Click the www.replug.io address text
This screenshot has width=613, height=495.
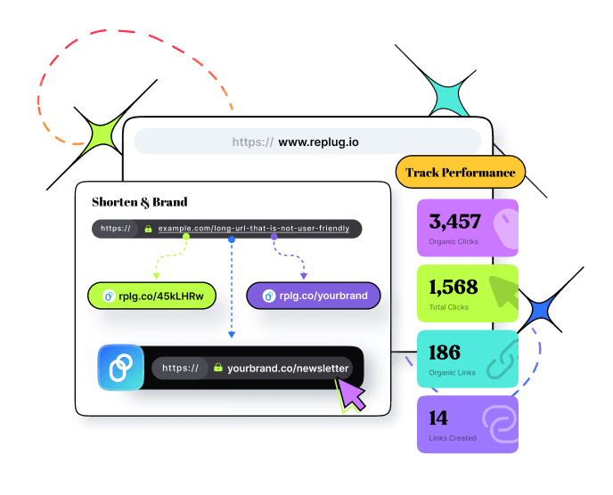point(318,142)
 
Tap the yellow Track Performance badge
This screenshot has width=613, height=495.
point(460,173)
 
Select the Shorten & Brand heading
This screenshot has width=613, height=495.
point(140,202)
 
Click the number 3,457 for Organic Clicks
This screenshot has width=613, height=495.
point(454,222)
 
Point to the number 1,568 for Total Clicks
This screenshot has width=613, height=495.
point(453,287)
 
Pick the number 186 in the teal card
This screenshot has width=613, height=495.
point(444,352)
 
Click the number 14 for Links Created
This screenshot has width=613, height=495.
point(438,418)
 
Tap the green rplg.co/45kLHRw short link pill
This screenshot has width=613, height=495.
point(152,296)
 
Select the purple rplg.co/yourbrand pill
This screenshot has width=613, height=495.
point(313,296)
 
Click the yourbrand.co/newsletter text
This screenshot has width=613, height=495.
point(288,368)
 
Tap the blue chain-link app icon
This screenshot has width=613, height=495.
point(120,368)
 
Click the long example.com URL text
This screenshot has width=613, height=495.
point(254,229)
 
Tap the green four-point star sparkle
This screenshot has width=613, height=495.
point(104,134)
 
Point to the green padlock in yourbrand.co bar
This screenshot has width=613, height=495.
point(217,368)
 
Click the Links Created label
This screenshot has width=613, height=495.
point(453,438)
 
